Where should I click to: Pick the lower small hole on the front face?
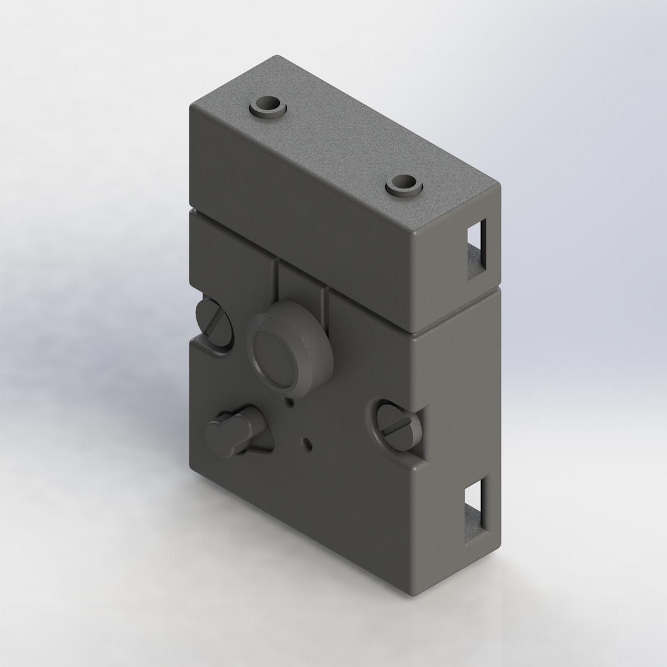308,443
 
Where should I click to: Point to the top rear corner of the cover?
276,57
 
